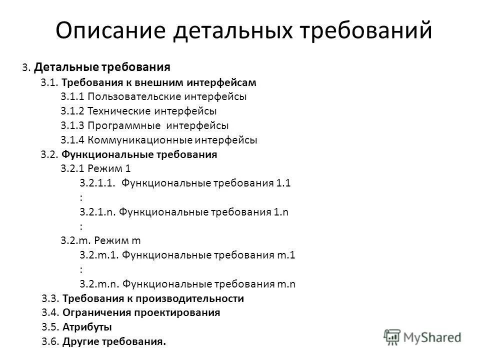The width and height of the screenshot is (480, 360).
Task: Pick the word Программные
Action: click(x=124, y=125)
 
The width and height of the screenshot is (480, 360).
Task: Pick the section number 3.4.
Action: click(x=50, y=313)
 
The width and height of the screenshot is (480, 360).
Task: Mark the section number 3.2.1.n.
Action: click(x=98, y=212)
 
